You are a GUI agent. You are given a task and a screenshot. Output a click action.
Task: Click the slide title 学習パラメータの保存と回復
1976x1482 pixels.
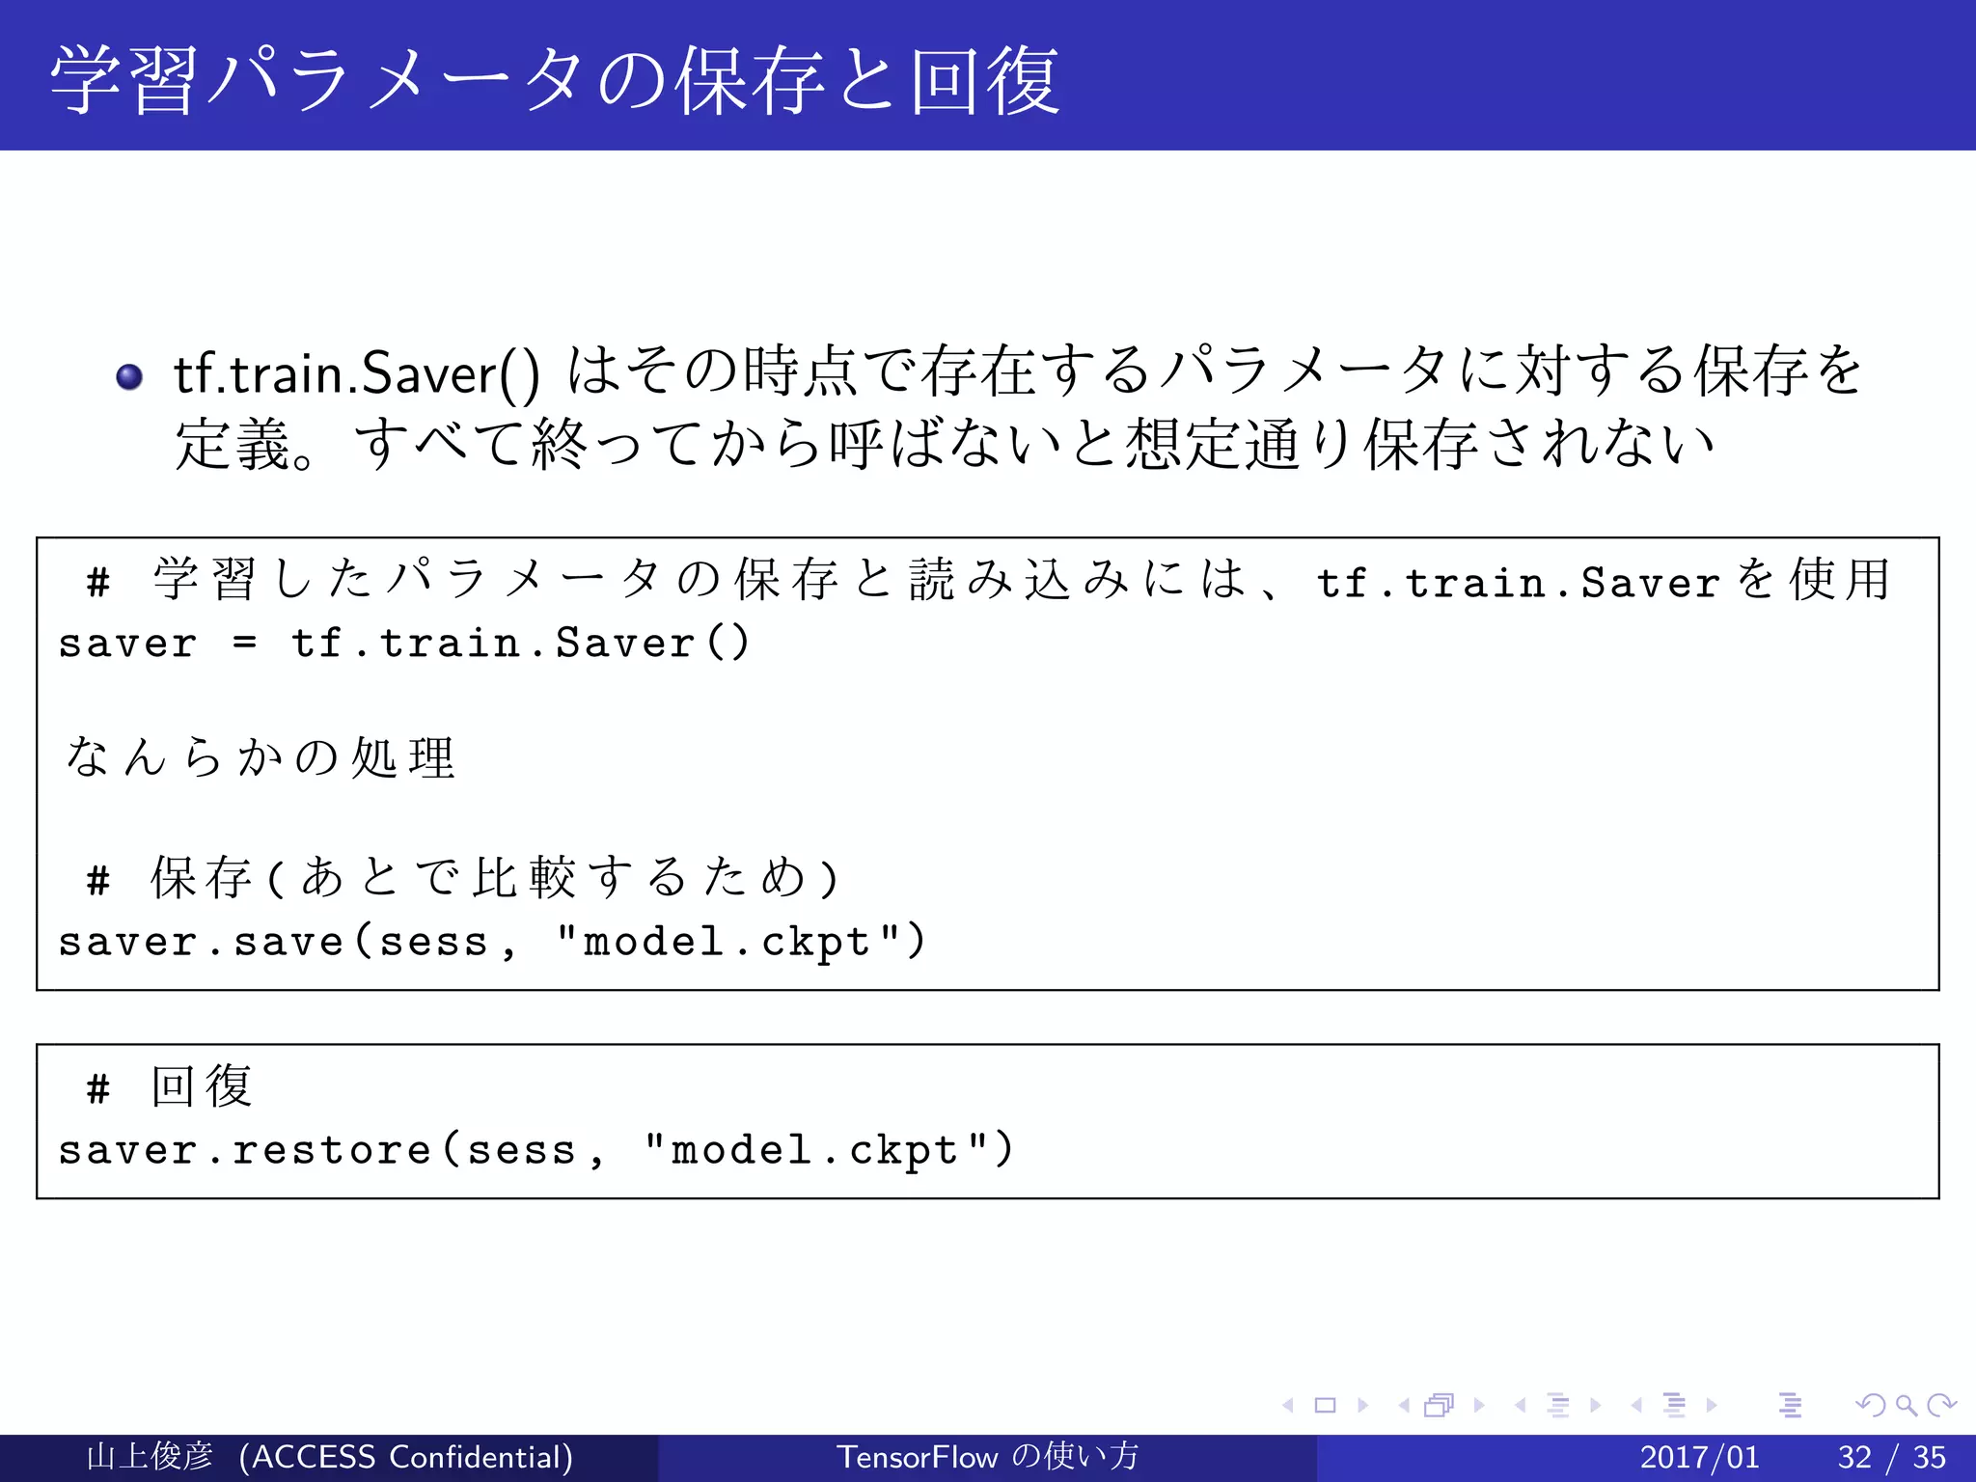555,80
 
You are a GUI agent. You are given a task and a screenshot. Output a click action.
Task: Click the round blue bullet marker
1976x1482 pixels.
129,376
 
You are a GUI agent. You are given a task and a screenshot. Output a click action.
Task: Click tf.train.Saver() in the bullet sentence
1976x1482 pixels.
356,374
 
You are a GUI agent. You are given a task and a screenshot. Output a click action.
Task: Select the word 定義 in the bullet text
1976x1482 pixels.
233,446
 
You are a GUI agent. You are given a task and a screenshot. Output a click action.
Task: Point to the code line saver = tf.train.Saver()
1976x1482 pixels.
403,644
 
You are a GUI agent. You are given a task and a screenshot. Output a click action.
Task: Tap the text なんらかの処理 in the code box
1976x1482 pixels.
260,757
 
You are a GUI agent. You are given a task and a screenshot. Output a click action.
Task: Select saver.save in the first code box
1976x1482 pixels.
201,942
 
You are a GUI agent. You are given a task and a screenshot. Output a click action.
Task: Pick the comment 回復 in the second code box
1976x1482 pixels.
202,1086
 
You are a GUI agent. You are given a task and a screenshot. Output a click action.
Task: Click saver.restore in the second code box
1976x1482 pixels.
244,1150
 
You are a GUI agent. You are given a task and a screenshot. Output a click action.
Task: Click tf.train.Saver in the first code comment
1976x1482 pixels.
1518,584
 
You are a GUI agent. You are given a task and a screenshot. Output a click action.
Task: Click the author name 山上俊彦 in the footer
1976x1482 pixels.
150,1457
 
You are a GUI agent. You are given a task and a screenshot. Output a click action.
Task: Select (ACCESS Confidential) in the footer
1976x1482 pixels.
406,1457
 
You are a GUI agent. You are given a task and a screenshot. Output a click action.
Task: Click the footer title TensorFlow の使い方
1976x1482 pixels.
987,1457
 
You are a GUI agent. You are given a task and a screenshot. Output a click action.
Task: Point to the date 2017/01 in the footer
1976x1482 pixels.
1699,1457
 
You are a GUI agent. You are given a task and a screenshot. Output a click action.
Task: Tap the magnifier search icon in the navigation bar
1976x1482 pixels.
1906,1406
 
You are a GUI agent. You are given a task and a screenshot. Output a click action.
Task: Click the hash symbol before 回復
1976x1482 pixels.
97,1089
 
